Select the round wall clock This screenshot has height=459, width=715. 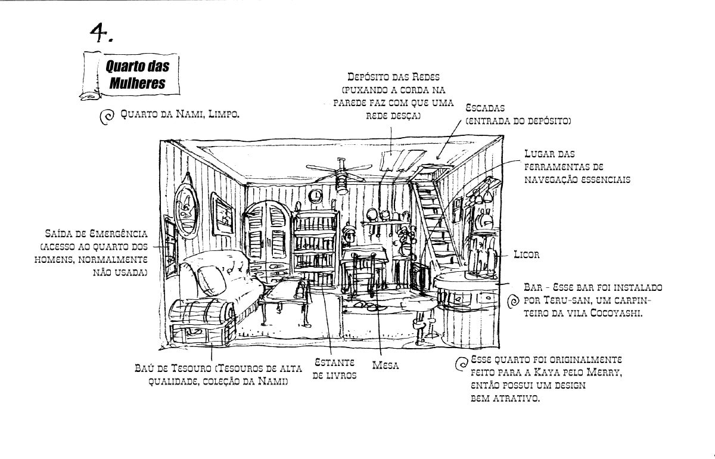[x=316, y=195]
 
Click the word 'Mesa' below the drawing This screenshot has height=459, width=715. [x=386, y=365]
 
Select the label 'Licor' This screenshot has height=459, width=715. [x=526, y=255]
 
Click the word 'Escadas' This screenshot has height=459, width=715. [x=485, y=108]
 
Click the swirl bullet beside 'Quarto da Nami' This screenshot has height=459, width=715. [x=107, y=117]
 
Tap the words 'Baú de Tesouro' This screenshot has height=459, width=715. [x=173, y=368]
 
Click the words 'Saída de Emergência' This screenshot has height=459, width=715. [x=96, y=234]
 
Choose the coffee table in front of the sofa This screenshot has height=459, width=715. [x=285, y=300]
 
